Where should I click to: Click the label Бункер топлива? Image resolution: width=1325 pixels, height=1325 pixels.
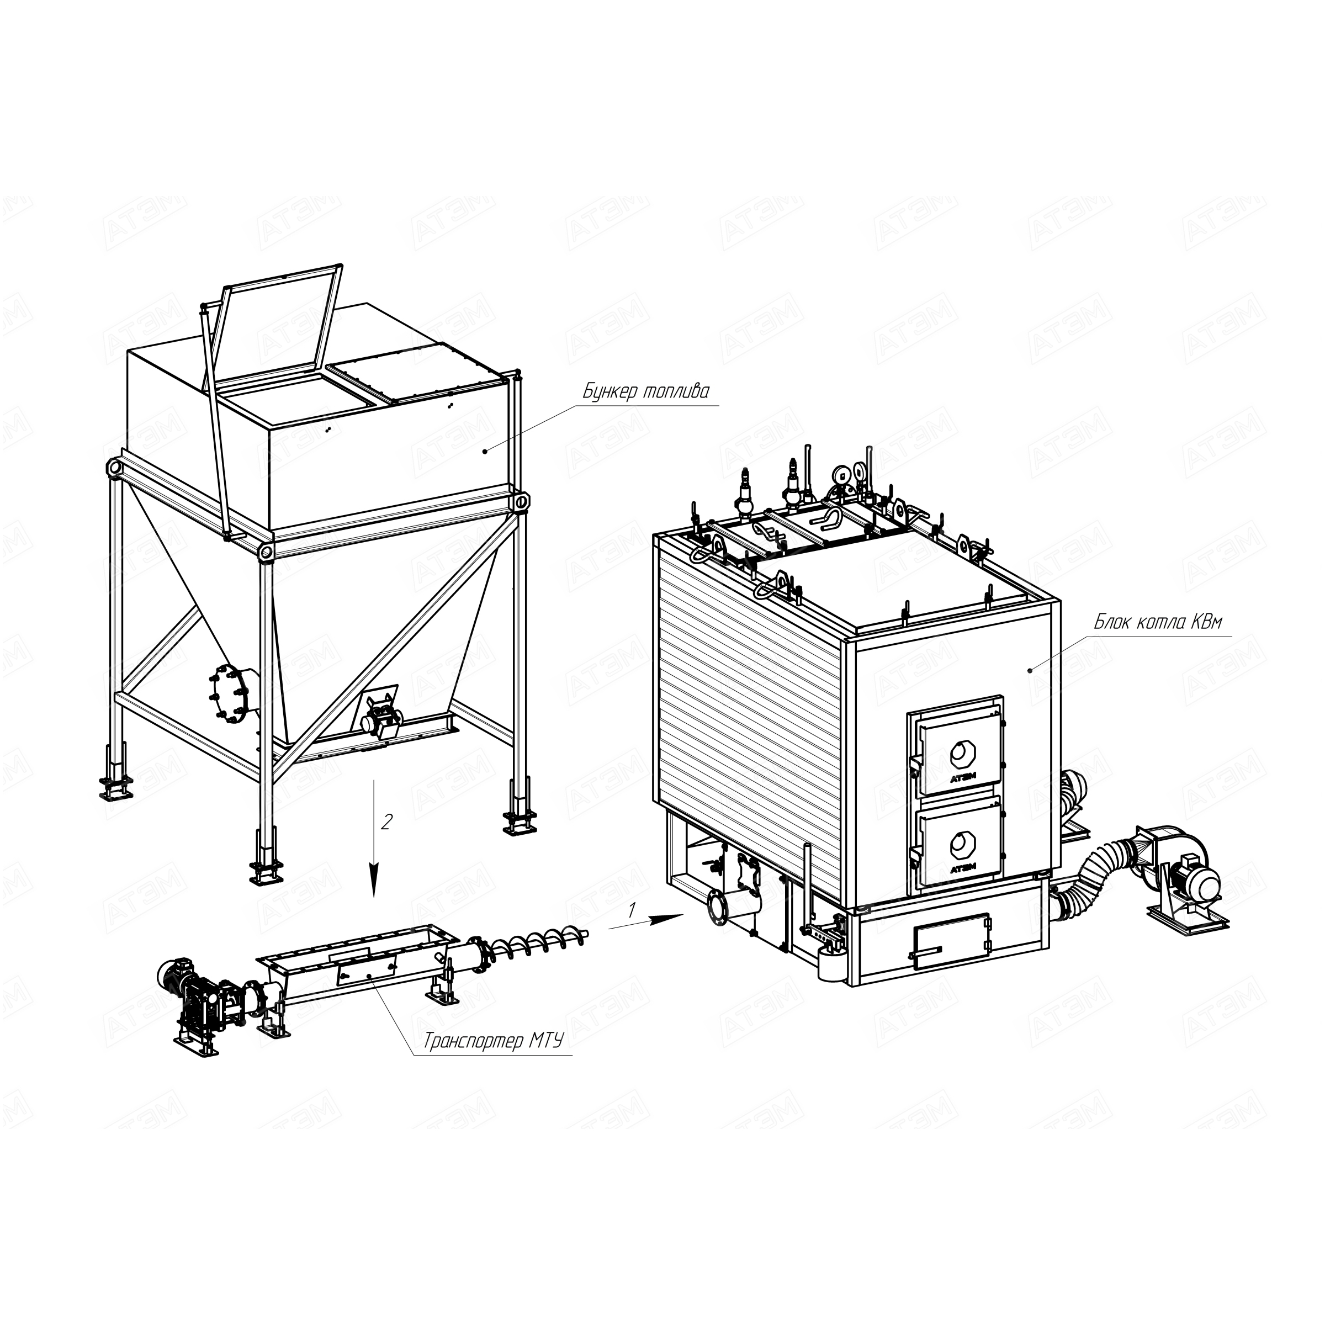point(645,391)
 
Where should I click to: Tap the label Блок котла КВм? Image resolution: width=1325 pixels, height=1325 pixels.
point(1157,622)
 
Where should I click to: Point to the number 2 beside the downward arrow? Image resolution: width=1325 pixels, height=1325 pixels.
point(387,821)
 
